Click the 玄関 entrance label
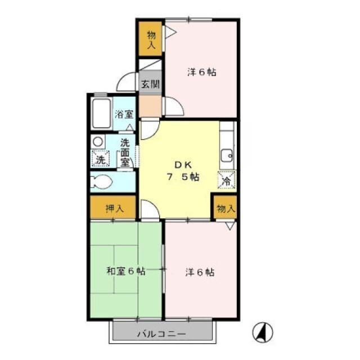click(150, 84)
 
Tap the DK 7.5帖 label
click(183, 171)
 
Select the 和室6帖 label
click(126, 271)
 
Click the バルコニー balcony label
click(161, 334)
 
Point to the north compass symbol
click(263, 332)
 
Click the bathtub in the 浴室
click(101, 114)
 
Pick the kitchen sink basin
click(227, 156)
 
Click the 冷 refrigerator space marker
click(227, 180)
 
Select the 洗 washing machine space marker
click(100, 159)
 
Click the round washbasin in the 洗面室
click(97, 142)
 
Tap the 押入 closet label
click(115, 208)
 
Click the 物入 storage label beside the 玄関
click(151, 39)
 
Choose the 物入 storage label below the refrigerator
click(226, 209)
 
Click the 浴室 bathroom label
click(124, 114)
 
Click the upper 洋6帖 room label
click(201, 73)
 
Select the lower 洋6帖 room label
click(200, 272)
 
